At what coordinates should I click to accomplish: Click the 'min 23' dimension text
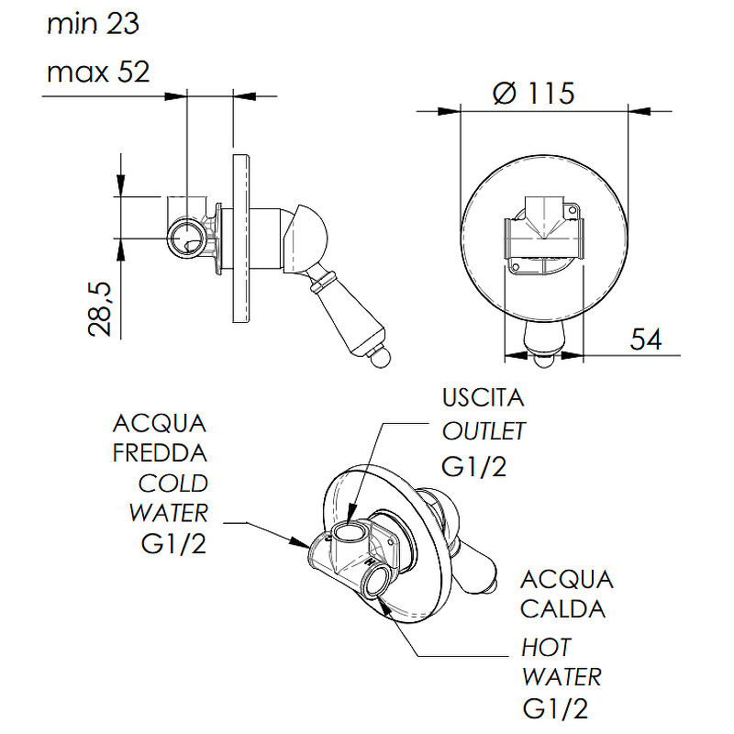(x=94, y=24)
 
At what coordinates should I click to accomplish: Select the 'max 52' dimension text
(x=98, y=72)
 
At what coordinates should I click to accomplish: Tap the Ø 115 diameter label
(x=534, y=93)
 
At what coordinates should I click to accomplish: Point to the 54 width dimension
(x=646, y=339)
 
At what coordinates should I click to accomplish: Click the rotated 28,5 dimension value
(x=100, y=309)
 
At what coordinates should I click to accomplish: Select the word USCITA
(x=484, y=397)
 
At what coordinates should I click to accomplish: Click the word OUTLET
(x=484, y=431)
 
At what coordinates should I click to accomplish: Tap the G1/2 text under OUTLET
(x=473, y=466)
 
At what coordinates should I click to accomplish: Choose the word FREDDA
(x=160, y=452)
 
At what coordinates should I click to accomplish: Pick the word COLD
(x=173, y=484)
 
